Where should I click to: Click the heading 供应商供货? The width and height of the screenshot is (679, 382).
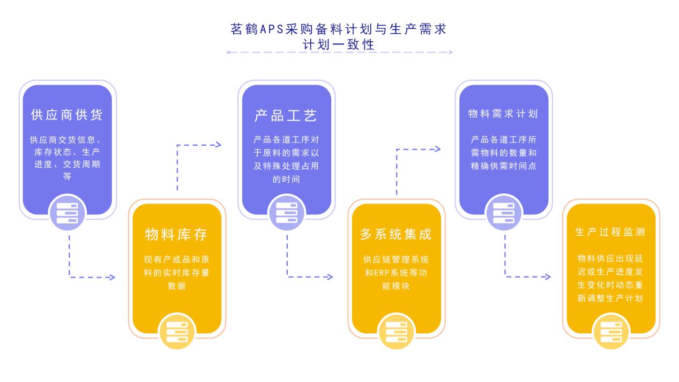point(66,115)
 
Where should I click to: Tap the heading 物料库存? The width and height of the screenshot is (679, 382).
point(176,234)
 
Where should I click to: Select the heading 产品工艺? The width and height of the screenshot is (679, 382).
point(286,115)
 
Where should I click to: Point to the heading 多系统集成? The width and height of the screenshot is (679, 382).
point(396,234)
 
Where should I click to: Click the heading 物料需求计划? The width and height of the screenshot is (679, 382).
point(503,114)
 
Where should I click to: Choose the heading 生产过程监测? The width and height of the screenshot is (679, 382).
point(610,232)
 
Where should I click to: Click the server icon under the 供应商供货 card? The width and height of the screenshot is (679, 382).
point(67,213)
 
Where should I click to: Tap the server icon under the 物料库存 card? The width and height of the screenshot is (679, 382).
point(177,331)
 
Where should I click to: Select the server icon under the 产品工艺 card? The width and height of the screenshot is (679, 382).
point(286,213)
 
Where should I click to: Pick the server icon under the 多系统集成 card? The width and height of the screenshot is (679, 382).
point(397,331)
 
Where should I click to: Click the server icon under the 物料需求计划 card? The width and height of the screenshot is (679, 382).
point(504,213)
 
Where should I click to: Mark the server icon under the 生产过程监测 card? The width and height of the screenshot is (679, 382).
point(611,331)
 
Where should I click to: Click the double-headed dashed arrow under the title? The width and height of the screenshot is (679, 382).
point(339,53)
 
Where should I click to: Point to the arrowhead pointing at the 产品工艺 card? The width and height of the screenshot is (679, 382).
point(218,145)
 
